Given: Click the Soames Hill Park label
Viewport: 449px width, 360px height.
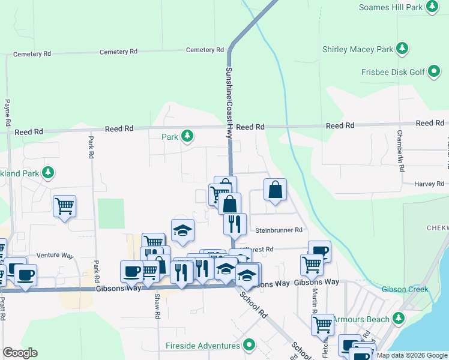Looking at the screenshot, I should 390,7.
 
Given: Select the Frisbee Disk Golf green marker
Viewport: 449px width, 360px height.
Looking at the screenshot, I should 434,72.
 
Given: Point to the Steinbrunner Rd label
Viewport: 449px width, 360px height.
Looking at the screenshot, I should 279,230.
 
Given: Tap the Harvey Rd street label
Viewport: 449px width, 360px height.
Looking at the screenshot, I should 429,184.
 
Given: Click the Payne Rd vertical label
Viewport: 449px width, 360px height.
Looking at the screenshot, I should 7,112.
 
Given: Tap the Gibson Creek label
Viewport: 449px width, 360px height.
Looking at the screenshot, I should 405,289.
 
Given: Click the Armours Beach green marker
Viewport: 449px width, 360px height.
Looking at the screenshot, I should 399,319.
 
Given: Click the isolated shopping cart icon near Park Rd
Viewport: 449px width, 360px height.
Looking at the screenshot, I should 64,206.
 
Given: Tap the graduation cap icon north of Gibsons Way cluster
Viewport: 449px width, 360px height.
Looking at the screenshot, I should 183,230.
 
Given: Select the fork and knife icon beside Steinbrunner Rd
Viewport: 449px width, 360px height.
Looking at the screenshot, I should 235,223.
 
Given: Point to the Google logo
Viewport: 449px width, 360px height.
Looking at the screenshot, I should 20,353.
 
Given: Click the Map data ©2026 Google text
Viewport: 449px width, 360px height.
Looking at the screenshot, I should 411,355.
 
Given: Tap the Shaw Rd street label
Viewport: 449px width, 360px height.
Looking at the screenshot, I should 157,305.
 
